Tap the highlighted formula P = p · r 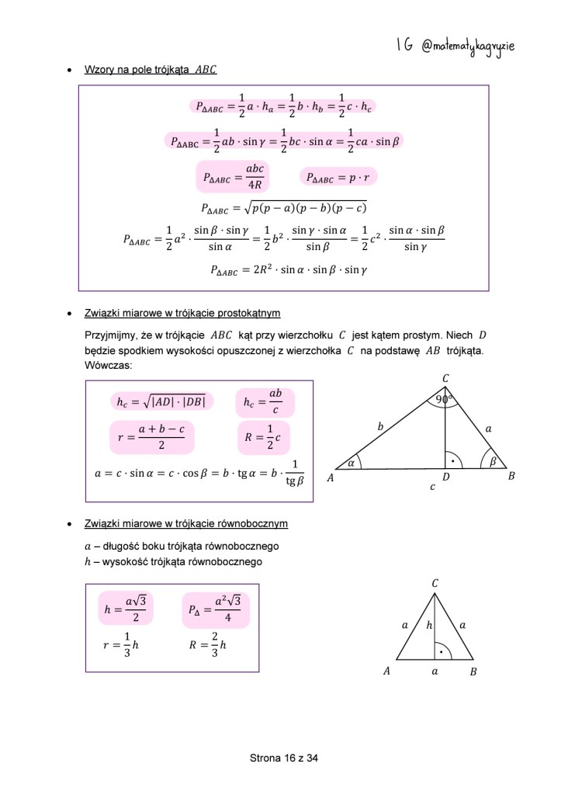338,178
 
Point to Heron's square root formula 283,208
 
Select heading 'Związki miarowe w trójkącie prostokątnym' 182,314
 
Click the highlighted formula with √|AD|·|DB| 161,401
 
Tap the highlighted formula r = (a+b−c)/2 151,437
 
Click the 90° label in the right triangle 445,400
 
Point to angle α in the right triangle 351,461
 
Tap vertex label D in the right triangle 445,478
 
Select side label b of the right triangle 380,426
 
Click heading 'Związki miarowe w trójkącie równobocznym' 186,524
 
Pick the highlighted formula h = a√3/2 125,608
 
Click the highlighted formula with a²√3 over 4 215,608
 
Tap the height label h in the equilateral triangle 429,624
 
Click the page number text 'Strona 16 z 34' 284,758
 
